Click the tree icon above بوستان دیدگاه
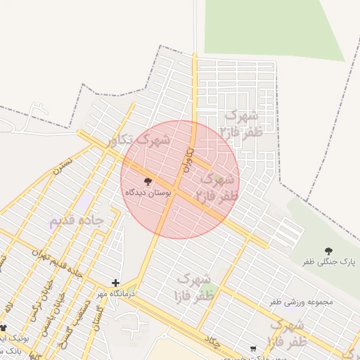[147, 181]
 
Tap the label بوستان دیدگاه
[146, 192]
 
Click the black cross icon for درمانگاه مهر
[115, 283]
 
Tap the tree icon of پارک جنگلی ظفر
[328, 250]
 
